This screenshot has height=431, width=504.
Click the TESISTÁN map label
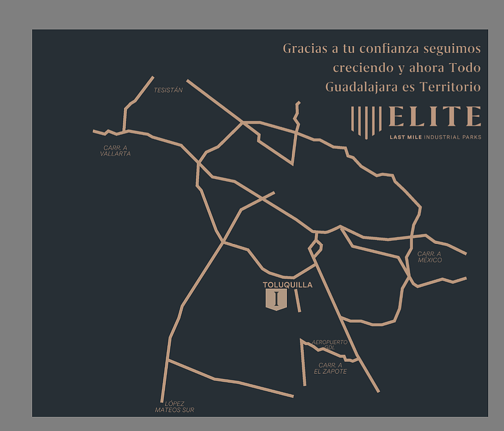click(x=168, y=91)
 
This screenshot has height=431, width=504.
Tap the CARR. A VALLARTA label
click(x=115, y=151)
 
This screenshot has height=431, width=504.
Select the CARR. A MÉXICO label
click(x=429, y=257)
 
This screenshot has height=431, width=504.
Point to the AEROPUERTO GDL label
click(x=329, y=345)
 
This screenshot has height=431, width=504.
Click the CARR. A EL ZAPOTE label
click(x=330, y=368)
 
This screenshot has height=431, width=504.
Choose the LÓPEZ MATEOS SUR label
click(x=175, y=406)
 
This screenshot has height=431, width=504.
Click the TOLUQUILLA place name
click(x=287, y=285)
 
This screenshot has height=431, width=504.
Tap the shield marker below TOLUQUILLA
click(x=276, y=300)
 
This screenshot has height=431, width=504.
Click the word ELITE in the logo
click(x=435, y=117)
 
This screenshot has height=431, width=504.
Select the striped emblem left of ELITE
click(x=366, y=121)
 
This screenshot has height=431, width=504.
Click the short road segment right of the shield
click(x=298, y=301)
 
